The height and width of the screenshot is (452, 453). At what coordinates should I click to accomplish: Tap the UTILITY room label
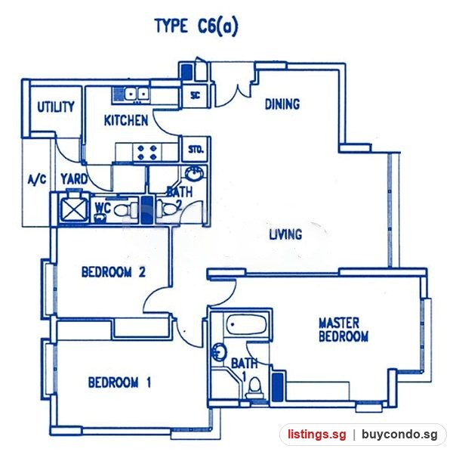tap(56, 107)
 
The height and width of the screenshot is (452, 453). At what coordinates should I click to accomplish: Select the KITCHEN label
tap(126, 121)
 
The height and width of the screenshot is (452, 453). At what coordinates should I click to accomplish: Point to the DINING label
tap(282, 104)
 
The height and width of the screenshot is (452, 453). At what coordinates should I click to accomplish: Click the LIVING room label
tap(285, 234)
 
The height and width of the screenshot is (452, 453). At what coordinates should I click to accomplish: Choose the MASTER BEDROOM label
tap(344, 330)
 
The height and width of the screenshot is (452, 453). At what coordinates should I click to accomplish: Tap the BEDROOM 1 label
tap(119, 382)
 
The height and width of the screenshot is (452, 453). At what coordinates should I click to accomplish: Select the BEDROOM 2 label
tap(113, 272)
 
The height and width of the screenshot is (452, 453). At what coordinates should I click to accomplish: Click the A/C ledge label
tap(37, 179)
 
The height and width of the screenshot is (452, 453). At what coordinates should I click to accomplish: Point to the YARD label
tap(74, 179)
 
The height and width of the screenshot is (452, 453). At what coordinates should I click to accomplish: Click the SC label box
tap(196, 95)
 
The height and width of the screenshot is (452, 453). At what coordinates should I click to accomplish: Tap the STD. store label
tap(196, 150)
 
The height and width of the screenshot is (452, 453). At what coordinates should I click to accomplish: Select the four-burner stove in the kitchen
tap(147, 153)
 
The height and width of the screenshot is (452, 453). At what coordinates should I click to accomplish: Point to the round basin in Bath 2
tap(194, 173)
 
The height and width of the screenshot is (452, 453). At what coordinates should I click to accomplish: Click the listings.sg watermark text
tap(316, 435)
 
